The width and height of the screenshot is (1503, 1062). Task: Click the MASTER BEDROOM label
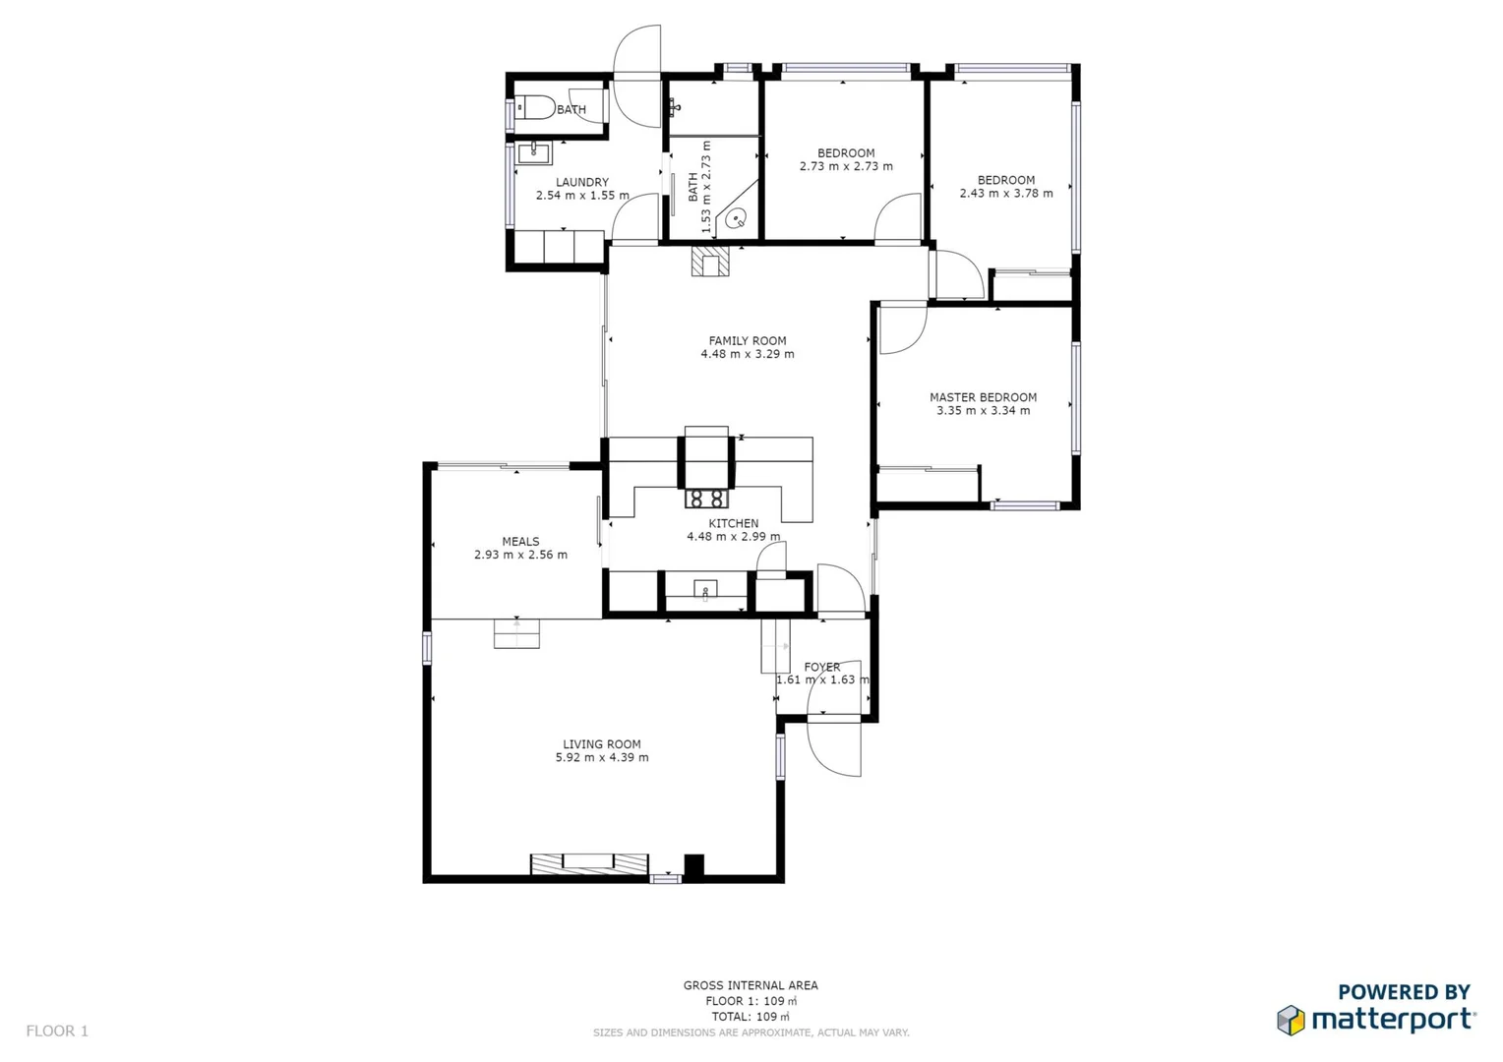click(x=983, y=397)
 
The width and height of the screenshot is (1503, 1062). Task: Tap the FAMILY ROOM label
click(x=748, y=341)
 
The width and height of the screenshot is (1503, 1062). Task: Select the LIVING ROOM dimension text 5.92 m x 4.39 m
click(x=602, y=758)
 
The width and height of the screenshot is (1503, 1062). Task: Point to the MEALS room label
click(x=520, y=542)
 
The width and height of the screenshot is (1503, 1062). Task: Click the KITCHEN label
click(x=734, y=523)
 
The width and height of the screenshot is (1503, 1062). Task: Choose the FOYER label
click(x=822, y=667)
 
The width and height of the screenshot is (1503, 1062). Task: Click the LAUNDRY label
click(x=582, y=182)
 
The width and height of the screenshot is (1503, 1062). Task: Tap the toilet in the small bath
click(x=534, y=106)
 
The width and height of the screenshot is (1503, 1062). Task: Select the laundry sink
click(x=534, y=151)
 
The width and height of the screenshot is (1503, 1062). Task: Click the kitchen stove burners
click(x=706, y=499)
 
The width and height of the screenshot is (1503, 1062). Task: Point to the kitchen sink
click(x=705, y=590)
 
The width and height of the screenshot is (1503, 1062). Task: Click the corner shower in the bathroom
click(x=737, y=216)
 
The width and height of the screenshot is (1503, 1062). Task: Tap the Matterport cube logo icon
click(x=1291, y=1020)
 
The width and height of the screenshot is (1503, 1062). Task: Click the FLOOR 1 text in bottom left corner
click(x=57, y=1031)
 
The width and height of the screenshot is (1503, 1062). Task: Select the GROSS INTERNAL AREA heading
click(x=751, y=985)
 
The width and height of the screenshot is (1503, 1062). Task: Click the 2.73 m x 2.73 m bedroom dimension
click(x=846, y=166)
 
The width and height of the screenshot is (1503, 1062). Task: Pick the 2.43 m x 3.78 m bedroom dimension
click(x=1006, y=194)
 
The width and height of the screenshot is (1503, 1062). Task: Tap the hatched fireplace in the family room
click(x=710, y=263)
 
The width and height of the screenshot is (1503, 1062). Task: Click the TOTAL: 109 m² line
click(x=751, y=1017)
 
